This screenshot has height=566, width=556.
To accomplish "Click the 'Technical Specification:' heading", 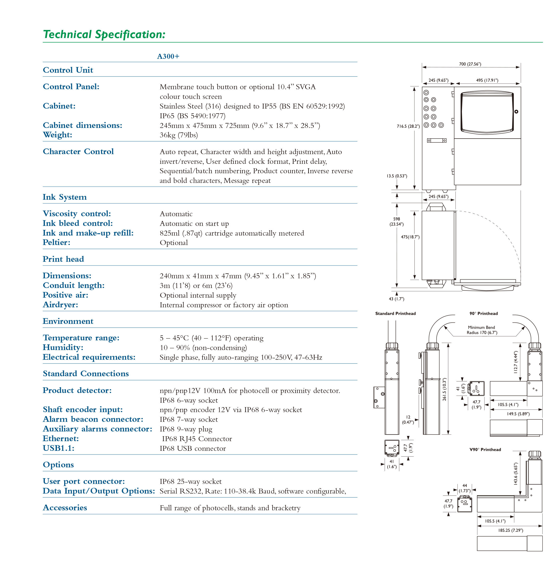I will pyautogui.click(x=104, y=34).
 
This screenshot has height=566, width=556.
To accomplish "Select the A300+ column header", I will pyautogui.click(x=168, y=56).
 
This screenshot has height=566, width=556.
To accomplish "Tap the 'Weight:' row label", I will pyautogui.click(x=58, y=135).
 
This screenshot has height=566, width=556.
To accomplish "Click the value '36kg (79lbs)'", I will pyautogui.click(x=179, y=135).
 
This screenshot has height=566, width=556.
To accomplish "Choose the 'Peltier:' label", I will pyautogui.click(x=56, y=242).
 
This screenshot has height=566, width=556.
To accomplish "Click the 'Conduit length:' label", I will pyautogui.click(x=74, y=285).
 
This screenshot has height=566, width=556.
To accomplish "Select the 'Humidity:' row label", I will pyautogui.click(x=63, y=347).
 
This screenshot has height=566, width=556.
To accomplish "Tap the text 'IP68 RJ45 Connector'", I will pyautogui.click(x=197, y=439).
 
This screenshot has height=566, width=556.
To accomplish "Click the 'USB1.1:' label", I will pyautogui.click(x=59, y=448).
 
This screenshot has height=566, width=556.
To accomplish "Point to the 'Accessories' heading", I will pyautogui.click(x=65, y=508).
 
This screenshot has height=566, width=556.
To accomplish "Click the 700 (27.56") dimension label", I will pyautogui.click(x=470, y=64).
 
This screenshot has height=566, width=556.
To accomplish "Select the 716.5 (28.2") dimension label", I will pyautogui.click(x=408, y=127).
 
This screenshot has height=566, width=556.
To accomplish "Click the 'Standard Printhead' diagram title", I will pyautogui.click(x=395, y=314).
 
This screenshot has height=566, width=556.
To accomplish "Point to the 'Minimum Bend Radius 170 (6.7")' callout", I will pyautogui.click(x=482, y=330).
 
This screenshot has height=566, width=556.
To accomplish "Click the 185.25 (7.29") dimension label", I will pyautogui.click(x=510, y=530).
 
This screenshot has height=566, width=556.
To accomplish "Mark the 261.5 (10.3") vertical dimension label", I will pyautogui.click(x=444, y=389).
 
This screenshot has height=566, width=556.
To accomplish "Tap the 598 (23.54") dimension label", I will pyautogui.click(x=396, y=221).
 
